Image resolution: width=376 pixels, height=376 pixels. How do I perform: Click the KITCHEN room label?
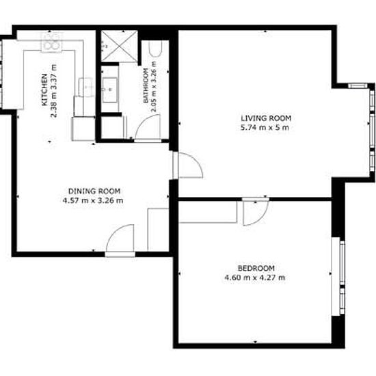tap(44, 90)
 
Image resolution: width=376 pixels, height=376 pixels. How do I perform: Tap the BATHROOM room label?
tap(146, 85)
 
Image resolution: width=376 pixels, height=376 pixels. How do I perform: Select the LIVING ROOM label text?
tap(266, 118)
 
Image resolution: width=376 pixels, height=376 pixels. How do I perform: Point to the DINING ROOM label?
tap(94, 191)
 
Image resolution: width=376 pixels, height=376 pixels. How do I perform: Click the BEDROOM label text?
tap(256, 268)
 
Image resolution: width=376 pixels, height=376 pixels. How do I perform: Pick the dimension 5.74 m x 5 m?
tap(265, 128)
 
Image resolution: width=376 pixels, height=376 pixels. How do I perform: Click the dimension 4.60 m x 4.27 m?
tap(255, 278)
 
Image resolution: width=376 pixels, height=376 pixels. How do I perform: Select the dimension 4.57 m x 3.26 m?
tap(93, 200)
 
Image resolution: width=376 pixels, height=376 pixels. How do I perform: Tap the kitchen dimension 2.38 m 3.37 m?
tap(54, 91)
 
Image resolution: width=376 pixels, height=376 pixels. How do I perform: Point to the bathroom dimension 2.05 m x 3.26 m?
tap(154, 87)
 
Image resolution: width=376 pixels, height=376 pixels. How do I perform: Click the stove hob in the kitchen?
tap(51, 42)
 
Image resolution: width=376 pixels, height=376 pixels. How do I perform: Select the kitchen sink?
tap(86, 88)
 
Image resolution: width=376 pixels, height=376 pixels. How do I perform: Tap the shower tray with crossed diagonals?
tap(119, 46)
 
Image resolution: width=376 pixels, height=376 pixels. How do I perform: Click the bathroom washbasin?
tap(110, 90)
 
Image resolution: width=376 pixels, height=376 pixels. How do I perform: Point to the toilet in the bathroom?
tap(156, 49)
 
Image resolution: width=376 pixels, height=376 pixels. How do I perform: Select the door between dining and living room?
tap(189, 165)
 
